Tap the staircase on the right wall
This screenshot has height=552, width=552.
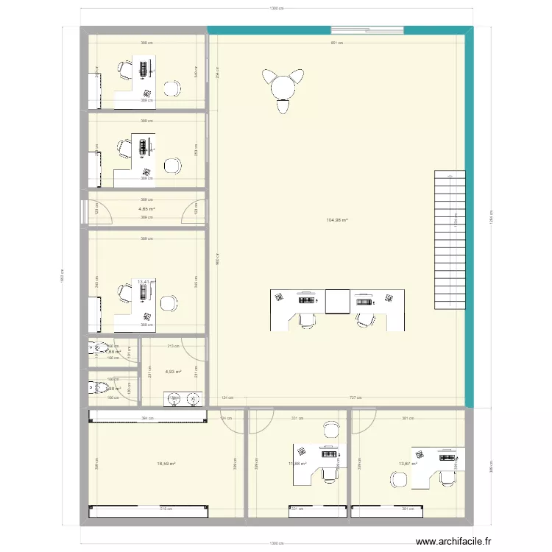pos(450,240)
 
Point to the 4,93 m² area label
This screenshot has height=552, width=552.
pos(174,372)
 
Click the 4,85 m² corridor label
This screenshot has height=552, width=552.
pos(146,209)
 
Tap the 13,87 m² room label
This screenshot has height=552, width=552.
pos(408,464)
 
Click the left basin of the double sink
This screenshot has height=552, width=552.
pos(175,399)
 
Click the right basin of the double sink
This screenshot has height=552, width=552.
pos(194,399)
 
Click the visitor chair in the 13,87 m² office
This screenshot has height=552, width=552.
pos(399,478)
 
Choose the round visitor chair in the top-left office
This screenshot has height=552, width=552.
pos(172,88)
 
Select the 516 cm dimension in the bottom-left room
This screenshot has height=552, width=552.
pos(146,509)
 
